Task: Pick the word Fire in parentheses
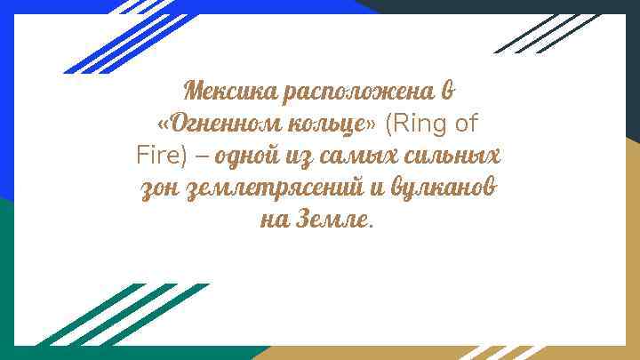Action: click(157, 156)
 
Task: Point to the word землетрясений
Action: click(276, 189)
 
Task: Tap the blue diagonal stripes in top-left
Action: click(116, 36)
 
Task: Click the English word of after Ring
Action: click(468, 123)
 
